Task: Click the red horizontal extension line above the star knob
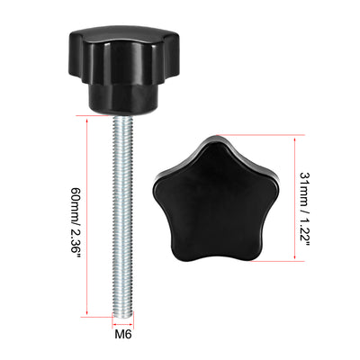pyautogui.click(x=261, y=134)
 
